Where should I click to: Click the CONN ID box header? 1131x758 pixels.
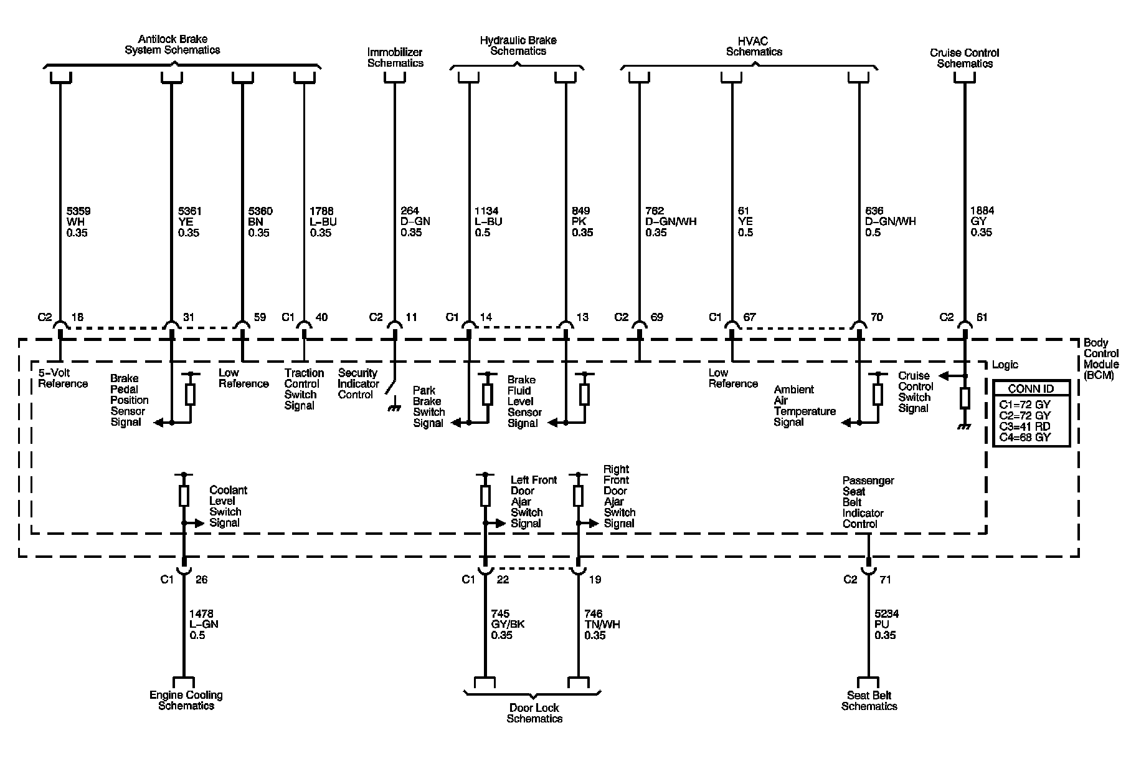1031,388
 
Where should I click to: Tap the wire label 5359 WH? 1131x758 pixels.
77,222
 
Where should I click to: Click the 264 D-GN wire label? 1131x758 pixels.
414,222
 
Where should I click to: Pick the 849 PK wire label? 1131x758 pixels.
582,222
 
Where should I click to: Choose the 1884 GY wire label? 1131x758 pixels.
982,222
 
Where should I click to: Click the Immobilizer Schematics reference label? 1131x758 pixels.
395,58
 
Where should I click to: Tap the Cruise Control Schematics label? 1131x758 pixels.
964,58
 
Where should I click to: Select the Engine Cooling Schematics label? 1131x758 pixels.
186,700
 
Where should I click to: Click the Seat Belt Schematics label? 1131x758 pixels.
869,701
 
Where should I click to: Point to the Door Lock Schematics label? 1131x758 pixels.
534,713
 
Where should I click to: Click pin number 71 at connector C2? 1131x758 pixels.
885,580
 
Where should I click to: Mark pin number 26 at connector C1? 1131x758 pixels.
201,580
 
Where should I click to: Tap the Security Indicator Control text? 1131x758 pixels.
358,383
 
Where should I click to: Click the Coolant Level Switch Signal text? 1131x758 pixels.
228,506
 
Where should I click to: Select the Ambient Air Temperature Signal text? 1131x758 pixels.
804,406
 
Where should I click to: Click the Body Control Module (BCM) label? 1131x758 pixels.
1101,359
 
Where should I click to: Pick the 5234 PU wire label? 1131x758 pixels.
886,625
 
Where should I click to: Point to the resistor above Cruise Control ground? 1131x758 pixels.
965,398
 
